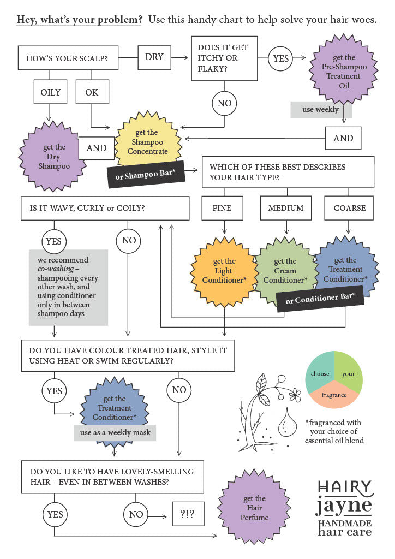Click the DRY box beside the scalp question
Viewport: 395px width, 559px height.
[154, 57]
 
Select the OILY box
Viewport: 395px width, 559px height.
[50, 92]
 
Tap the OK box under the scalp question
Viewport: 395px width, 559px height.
[92, 92]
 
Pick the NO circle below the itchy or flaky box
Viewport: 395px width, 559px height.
[224, 104]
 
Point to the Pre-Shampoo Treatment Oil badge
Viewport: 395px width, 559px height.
[344, 72]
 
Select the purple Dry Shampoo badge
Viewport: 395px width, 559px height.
[53, 157]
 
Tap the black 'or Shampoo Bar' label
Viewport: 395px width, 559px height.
[146, 175]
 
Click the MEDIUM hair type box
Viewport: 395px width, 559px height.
[286, 208]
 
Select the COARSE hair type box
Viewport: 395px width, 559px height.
[349, 208]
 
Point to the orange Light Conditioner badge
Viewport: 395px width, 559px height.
[224, 271]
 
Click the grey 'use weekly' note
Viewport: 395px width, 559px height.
[321, 110]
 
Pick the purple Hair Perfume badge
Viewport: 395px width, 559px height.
[254, 508]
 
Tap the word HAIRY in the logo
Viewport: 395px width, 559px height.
[345, 487]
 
